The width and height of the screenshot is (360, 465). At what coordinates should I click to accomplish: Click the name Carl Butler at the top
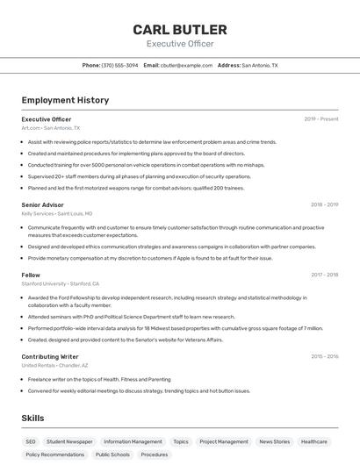tap(180, 30)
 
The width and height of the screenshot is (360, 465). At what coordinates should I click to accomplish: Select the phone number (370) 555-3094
tap(119, 65)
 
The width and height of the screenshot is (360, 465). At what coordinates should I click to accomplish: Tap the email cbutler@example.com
tap(187, 65)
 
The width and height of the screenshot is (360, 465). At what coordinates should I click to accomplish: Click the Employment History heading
tap(65, 100)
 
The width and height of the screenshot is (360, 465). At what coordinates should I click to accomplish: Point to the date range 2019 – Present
tap(320, 118)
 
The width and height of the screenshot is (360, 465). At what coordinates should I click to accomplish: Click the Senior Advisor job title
tap(42, 204)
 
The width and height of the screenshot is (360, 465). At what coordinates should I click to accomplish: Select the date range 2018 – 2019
tap(324, 204)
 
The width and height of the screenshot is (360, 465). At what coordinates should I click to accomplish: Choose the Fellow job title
tap(31, 275)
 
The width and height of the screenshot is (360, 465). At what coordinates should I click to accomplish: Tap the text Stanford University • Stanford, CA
tap(60, 284)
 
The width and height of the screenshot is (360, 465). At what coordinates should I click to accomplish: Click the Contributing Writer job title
tap(50, 357)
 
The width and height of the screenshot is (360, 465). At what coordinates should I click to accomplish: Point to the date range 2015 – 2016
tap(324, 357)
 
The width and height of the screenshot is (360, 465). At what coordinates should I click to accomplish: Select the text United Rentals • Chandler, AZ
tap(54, 366)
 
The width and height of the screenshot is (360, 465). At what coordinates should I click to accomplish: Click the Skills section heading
tap(33, 419)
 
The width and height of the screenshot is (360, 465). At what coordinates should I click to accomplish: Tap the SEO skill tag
tap(31, 442)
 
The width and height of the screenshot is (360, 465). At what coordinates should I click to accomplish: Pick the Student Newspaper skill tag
tap(69, 442)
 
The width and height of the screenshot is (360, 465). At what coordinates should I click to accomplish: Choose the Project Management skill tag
tap(224, 442)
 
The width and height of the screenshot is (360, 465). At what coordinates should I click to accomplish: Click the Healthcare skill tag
tap(314, 442)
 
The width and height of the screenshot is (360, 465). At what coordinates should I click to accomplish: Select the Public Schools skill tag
tap(112, 455)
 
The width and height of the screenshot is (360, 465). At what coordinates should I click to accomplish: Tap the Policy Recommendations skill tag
tap(55, 455)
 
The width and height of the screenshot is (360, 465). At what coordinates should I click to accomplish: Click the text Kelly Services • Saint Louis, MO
tap(56, 214)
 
